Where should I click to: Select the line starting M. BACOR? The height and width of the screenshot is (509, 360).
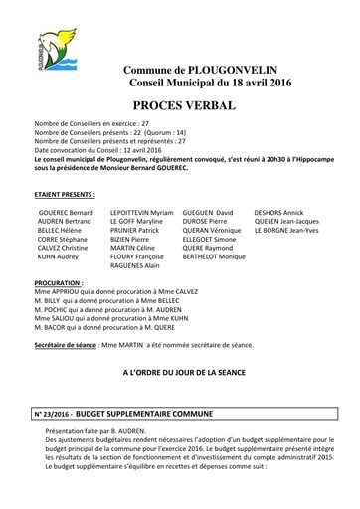(108, 326)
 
